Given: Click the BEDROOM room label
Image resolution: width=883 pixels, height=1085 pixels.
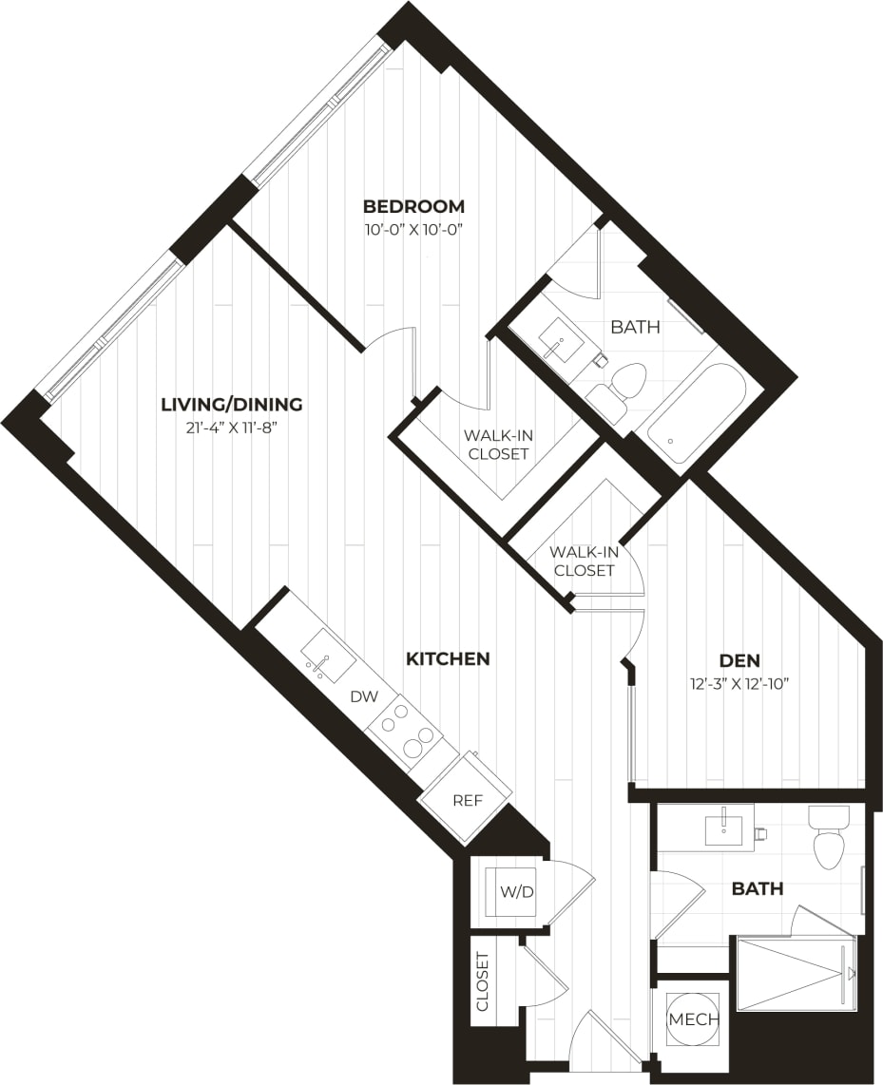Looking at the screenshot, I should [x=413, y=206].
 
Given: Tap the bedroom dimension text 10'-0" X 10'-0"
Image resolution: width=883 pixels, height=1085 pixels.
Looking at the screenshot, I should [x=413, y=229].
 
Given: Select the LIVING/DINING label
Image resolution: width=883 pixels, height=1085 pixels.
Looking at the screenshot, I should [x=231, y=405].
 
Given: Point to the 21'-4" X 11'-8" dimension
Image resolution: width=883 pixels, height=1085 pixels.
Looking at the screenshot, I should [x=231, y=428].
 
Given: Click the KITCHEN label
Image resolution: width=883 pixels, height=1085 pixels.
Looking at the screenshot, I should [x=448, y=658].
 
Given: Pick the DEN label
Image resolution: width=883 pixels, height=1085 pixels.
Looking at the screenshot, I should [x=739, y=659].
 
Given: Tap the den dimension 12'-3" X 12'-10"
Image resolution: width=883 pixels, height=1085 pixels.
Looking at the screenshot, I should [x=739, y=682].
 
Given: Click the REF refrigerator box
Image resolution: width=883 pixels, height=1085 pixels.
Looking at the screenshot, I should [x=466, y=800].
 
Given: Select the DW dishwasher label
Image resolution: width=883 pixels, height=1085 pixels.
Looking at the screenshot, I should [x=363, y=696].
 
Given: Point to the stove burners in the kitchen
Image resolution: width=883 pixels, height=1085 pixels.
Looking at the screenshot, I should [x=406, y=733].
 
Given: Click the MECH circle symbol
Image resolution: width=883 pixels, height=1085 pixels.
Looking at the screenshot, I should [x=694, y=1019].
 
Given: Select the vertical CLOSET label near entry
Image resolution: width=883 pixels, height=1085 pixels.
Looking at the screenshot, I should [x=482, y=980].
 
